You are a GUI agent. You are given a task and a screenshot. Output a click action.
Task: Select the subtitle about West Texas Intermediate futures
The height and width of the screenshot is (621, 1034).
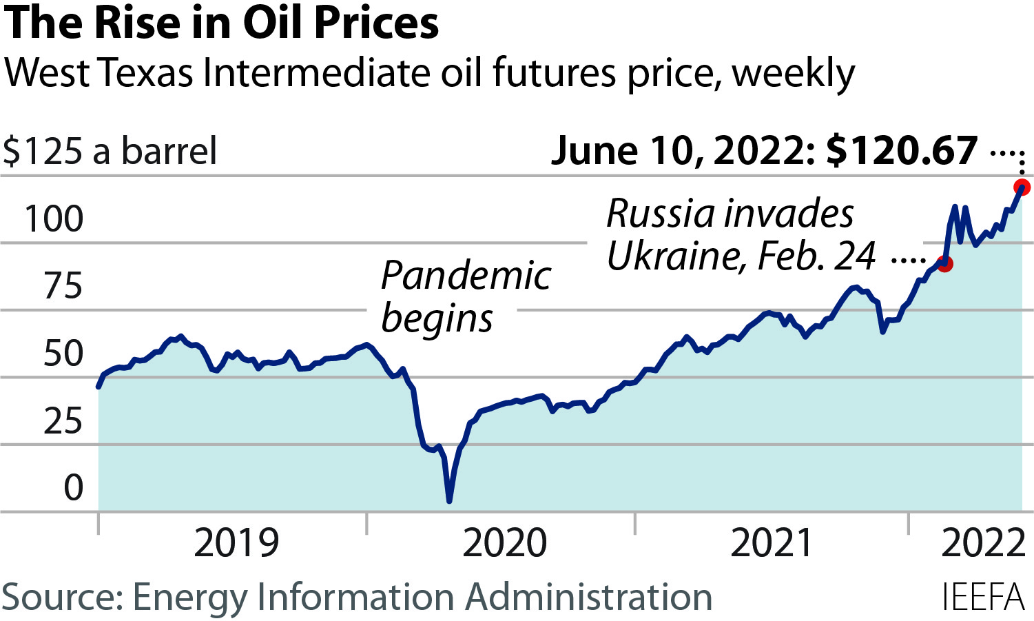(429, 73)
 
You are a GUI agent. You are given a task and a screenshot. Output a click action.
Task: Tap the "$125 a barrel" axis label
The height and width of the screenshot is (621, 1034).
(110, 151)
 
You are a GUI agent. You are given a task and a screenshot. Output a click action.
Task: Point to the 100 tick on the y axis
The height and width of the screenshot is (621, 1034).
(54, 219)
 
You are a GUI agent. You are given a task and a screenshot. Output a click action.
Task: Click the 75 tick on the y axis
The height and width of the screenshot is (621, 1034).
(63, 286)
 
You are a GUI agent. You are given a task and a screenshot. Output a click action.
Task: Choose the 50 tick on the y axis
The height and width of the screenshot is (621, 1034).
(63, 354)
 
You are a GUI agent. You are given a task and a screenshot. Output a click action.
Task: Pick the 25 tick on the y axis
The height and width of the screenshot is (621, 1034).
(63, 421)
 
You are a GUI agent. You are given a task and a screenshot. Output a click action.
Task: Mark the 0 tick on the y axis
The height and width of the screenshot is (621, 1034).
(73, 488)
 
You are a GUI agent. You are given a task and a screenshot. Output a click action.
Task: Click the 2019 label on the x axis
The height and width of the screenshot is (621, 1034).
(236, 543)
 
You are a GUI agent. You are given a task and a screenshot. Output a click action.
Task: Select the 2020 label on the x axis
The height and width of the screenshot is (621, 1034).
(504, 543)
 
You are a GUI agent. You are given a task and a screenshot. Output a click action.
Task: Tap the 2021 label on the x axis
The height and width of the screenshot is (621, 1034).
(772, 543)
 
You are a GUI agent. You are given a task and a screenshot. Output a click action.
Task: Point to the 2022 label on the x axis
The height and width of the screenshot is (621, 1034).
(983, 543)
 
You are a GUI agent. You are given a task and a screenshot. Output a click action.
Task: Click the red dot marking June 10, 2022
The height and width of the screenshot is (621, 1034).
(1022, 187)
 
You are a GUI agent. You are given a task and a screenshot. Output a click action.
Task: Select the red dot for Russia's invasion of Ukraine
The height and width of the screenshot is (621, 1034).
(945, 263)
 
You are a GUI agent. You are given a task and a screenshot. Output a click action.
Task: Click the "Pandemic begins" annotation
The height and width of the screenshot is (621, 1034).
(465, 296)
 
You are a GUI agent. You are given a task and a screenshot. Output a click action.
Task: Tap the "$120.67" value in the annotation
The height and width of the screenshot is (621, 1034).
(902, 150)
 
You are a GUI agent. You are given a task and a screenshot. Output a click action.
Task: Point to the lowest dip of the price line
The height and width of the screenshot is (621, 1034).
(449, 500)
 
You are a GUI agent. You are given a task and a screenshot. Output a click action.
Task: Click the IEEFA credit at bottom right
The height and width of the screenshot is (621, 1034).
(983, 597)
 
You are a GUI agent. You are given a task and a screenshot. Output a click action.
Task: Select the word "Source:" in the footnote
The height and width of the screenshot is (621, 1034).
(62, 597)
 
